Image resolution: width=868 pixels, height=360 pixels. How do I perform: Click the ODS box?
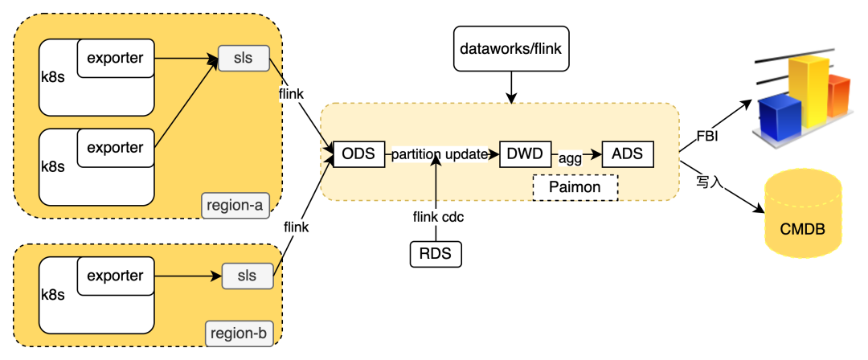click(x=359, y=153)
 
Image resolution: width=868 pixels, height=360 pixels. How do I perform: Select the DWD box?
click(x=526, y=153)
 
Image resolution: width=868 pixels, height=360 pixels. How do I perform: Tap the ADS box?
click(x=627, y=153)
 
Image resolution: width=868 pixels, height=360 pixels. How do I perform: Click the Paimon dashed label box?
click(x=575, y=188)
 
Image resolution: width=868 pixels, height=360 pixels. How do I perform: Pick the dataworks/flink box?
click(x=511, y=49)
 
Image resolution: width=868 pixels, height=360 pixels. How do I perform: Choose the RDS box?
click(x=435, y=254)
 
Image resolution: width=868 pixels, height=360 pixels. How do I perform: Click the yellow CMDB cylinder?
click(x=803, y=213)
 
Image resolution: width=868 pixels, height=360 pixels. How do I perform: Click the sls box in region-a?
click(x=244, y=58)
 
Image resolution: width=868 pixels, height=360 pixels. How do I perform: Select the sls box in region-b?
click(x=248, y=276)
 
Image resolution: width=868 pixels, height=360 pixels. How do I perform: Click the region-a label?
click(x=234, y=207)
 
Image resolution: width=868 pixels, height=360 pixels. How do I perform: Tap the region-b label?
click(x=239, y=334)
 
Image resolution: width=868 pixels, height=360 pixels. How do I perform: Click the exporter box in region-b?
click(x=115, y=276)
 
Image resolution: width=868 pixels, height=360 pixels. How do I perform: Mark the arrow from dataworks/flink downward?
click(x=511, y=87)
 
